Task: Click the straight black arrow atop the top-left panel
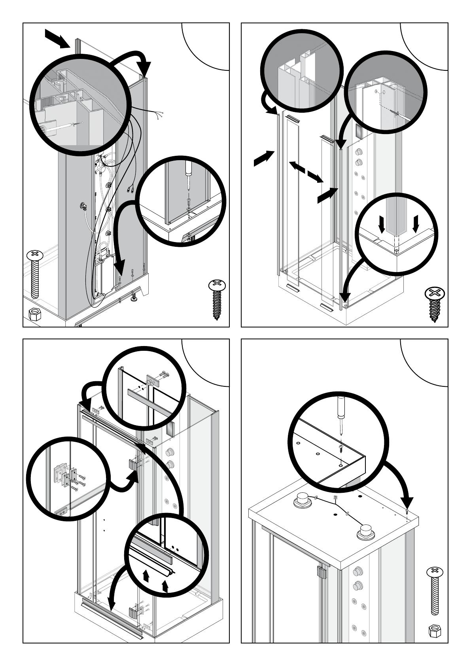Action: (56, 38)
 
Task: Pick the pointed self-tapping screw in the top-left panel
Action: (216, 299)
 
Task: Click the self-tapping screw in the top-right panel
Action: (434, 304)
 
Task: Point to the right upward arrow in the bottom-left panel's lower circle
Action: (166, 585)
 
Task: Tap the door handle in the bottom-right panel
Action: (321, 571)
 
